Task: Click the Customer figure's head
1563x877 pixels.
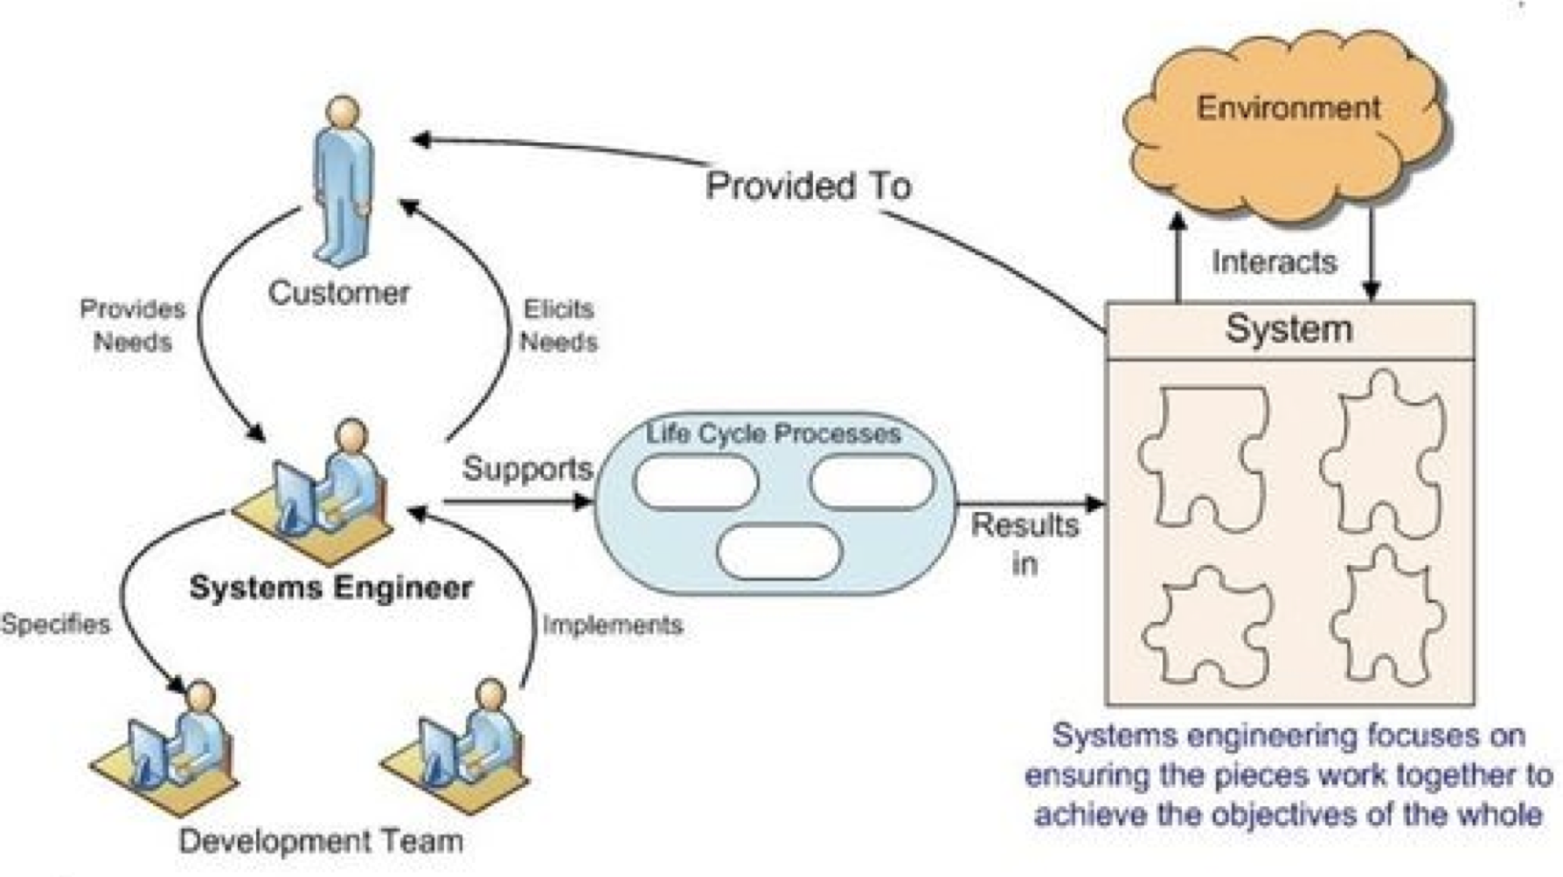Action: (343, 113)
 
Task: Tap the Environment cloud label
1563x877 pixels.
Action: (1288, 108)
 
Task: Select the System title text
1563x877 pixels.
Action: (1289, 329)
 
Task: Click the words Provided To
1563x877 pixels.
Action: (808, 186)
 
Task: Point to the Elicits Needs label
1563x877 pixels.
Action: (559, 325)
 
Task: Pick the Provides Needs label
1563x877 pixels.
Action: (133, 325)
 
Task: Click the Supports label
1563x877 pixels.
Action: (527, 469)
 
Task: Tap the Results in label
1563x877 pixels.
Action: (1025, 543)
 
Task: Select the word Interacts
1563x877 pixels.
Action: (1275, 262)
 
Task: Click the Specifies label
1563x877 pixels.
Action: (56, 624)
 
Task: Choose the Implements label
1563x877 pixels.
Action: (612, 625)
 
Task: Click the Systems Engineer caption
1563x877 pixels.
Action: (330, 587)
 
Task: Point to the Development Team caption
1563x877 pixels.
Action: (321, 841)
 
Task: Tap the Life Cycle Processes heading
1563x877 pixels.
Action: (774, 433)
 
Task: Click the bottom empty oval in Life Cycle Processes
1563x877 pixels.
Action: (778, 552)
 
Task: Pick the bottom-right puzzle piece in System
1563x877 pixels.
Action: (1386, 616)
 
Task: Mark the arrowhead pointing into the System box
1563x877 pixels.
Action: (1094, 503)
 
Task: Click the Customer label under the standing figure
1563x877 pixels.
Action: (338, 293)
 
